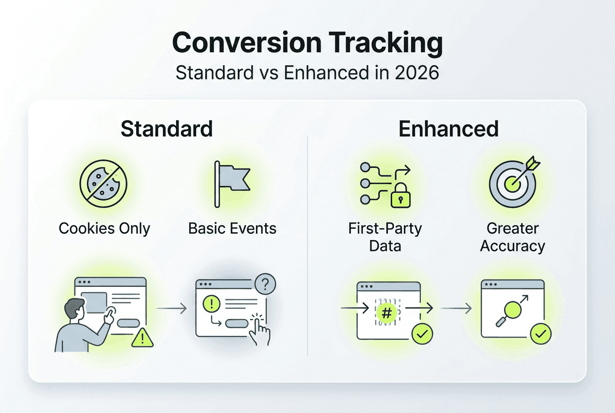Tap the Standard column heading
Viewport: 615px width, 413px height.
click(x=166, y=129)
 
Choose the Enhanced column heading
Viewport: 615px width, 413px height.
click(x=448, y=129)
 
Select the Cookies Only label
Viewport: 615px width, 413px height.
click(x=104, y=228)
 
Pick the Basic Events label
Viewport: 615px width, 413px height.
click(x=232, y=228)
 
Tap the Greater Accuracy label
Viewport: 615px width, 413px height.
click(x=512, y=237)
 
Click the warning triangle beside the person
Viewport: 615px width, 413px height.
click(x=142, y=337)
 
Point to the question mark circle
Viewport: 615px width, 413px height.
click(x=265, y=284)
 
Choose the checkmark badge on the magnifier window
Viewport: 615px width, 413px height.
click(x=541, y=334)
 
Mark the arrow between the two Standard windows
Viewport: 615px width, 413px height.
click(x=171, y=308)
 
